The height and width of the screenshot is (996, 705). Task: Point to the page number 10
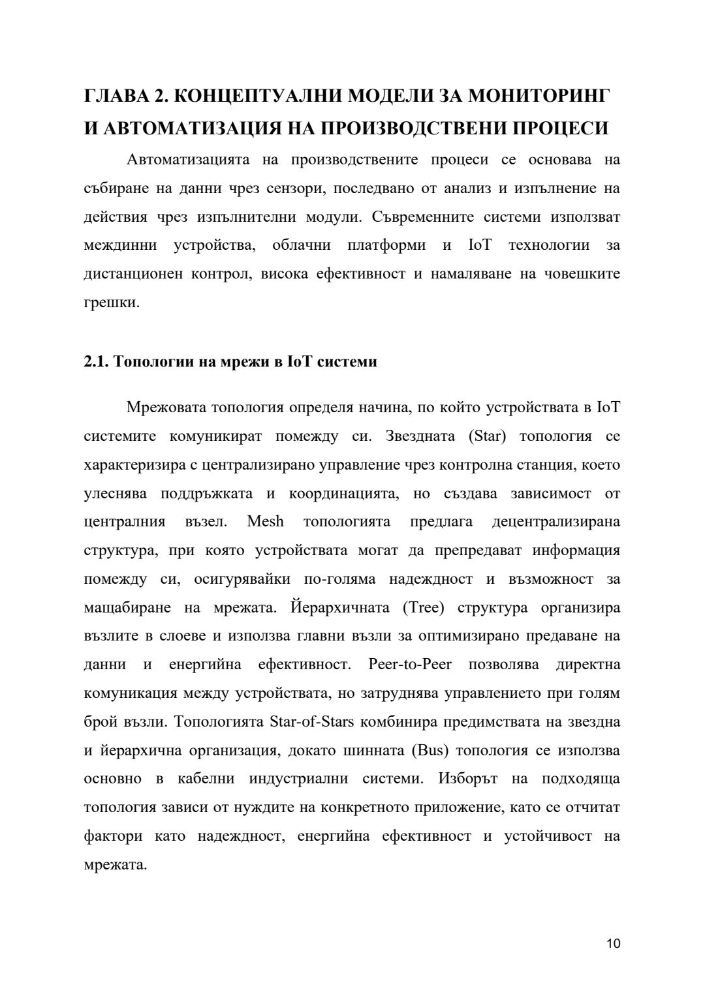point(613,943)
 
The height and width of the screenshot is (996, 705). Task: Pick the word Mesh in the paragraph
point(266,522)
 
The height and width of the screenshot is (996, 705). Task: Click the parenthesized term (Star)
point(487,436)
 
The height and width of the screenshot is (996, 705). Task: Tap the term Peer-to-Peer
point(409,665)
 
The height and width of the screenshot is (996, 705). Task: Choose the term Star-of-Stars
point(311,722)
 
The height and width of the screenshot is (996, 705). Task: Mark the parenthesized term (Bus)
point(430,750)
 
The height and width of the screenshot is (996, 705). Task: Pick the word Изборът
point(468,779)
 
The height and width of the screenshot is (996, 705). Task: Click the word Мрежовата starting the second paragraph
point(166,408)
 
